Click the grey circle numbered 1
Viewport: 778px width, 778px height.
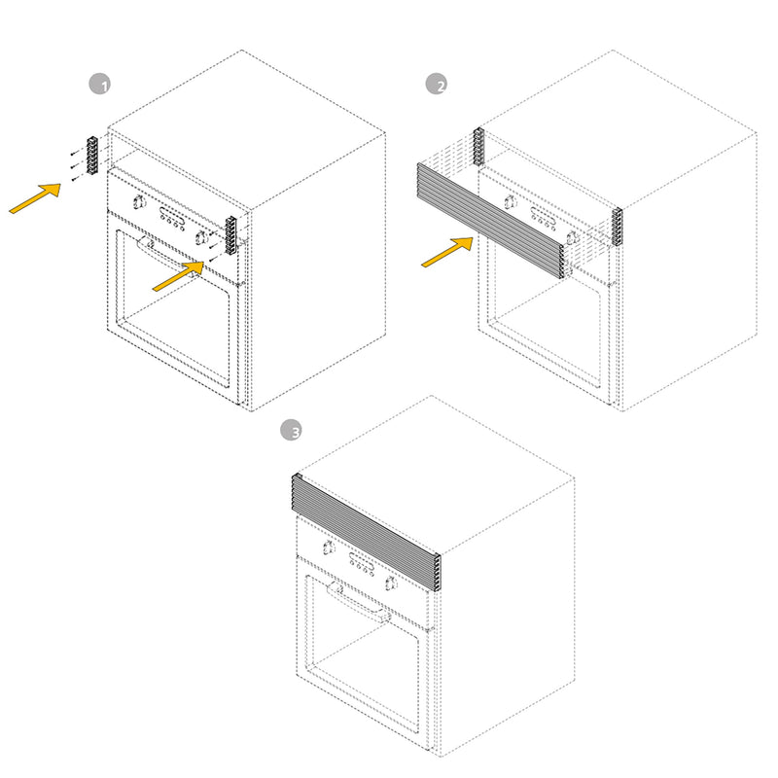coord(99,84)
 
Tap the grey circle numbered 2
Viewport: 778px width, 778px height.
coord(436,84)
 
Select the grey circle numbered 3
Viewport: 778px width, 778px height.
coord(291,430)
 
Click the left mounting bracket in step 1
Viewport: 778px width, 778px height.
coord(92,156)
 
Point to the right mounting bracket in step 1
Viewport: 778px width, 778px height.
coord(231,235)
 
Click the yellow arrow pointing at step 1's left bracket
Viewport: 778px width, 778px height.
coord(35,198)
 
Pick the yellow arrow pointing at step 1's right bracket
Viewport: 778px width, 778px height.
coord(178,276)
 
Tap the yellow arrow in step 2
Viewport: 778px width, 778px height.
coord(447,252)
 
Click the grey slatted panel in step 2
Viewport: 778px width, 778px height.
coord(491,220)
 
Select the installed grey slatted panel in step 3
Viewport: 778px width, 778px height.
coord(367,532)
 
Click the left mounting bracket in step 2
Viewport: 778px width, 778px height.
coord(478,147)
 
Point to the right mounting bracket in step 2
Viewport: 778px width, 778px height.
coord(617,227)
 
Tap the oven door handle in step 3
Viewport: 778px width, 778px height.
coord(358,602)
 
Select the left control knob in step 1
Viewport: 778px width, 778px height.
coord(139,202)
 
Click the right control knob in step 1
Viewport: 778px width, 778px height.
coord(201,237)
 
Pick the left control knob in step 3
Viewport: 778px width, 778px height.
coord(328,548)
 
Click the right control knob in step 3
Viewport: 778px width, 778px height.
coord(391,583)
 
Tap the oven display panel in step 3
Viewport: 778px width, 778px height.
coord(361,561)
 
